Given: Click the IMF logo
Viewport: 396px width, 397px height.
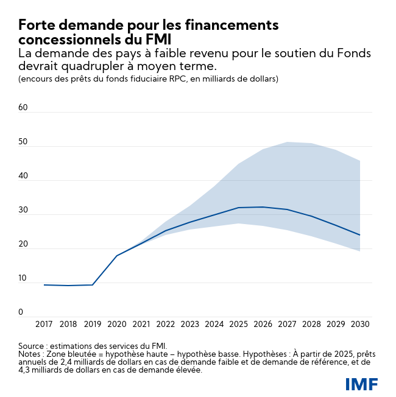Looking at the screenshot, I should coord(361,384).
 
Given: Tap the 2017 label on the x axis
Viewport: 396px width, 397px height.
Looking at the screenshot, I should coord(44,325).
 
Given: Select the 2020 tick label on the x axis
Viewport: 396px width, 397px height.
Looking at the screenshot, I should coord(117,325).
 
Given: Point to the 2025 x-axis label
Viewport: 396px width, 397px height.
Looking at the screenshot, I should coord(238,325).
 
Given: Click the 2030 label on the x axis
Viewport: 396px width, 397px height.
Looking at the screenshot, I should coord(360,325).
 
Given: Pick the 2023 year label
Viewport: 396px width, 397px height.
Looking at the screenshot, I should coord(189,325).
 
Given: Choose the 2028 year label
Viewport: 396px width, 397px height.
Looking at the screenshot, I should coord(311,325).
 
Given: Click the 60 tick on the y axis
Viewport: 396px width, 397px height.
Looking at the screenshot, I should coord(23,108).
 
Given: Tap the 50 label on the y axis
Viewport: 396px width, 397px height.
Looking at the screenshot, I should coord(23,142).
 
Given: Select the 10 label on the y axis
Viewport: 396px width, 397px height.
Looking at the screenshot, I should coord(23,278).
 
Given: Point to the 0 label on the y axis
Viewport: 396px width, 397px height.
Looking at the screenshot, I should coord(21,312).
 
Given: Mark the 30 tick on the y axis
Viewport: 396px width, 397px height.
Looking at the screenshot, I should coord(23,210).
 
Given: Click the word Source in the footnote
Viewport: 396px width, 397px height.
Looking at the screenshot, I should coord(32,345).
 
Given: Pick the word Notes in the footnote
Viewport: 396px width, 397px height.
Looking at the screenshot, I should coord(30,354).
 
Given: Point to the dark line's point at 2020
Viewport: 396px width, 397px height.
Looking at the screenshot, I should coord(117,255).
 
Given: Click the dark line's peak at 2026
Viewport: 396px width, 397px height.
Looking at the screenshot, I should coord(263,207).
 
